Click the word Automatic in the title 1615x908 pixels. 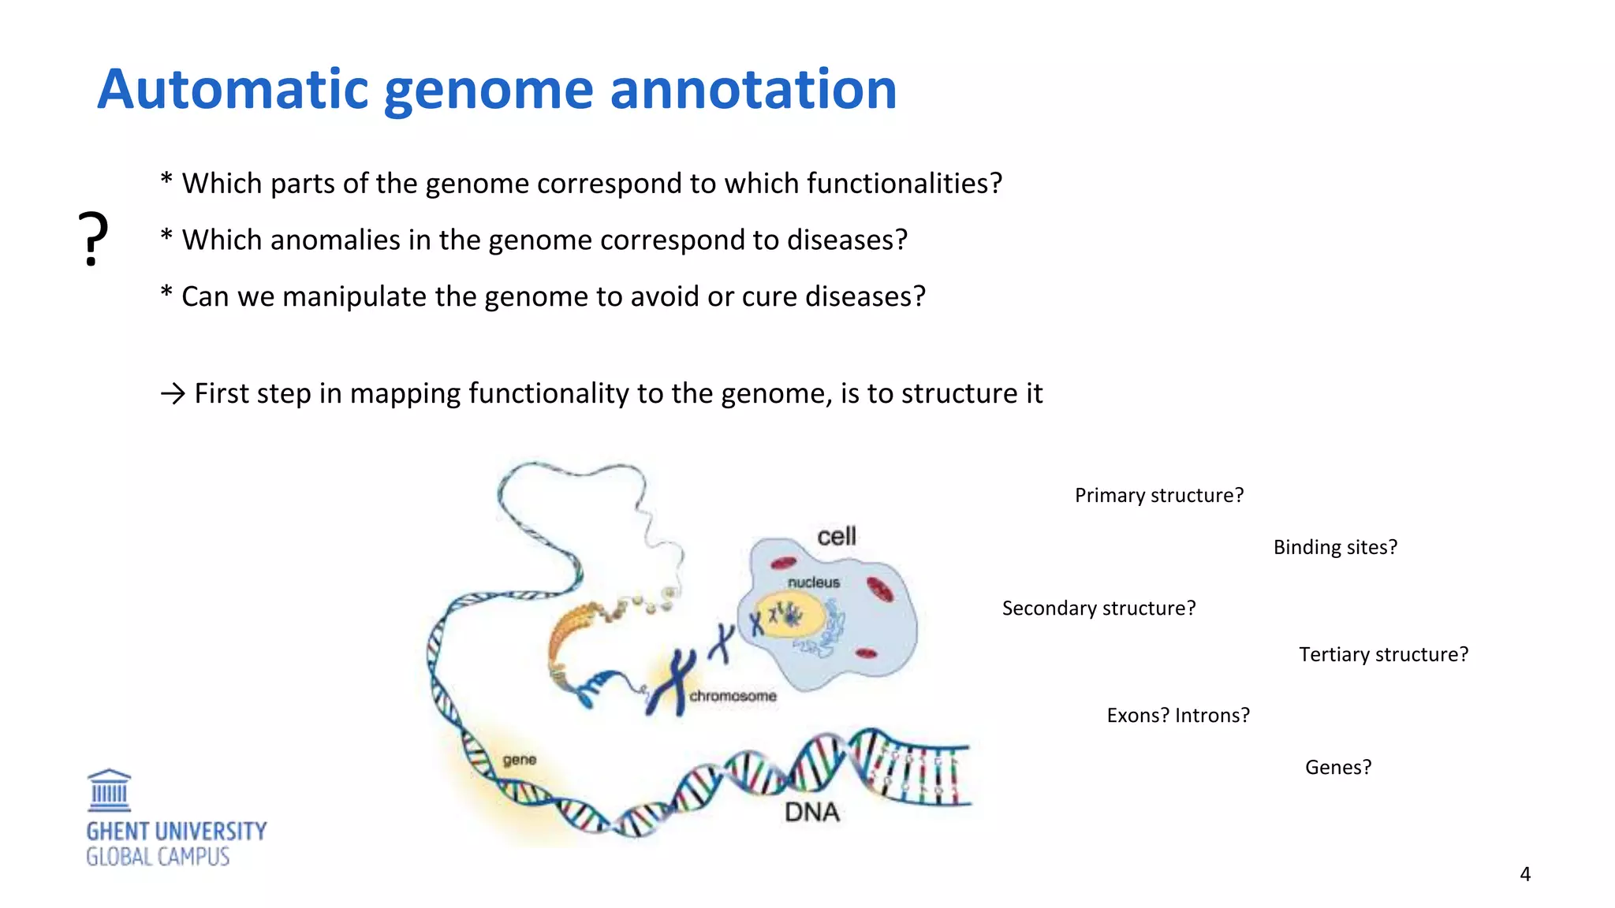tap(233, 89)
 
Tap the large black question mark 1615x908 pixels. tap(93, 239)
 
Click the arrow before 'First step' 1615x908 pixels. tap(173, 393)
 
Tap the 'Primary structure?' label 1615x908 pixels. tap(1158, 495)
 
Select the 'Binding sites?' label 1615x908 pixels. tap(1334, 547)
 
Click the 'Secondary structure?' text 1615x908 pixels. tap(1098, 608)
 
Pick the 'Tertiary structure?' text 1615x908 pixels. tap(1383, 654)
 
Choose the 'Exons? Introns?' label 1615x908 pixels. tap(1178, 715)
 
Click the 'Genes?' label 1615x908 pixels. tap(1337, 767)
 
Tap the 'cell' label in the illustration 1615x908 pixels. tap(836, 537)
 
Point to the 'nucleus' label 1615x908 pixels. tap(814, 582)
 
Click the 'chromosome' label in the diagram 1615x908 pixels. tap(733, 696)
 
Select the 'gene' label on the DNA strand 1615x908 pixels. tap(519, 760)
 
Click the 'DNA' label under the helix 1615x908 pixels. tap(811, 813)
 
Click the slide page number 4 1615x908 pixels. tap(1524, 874)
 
